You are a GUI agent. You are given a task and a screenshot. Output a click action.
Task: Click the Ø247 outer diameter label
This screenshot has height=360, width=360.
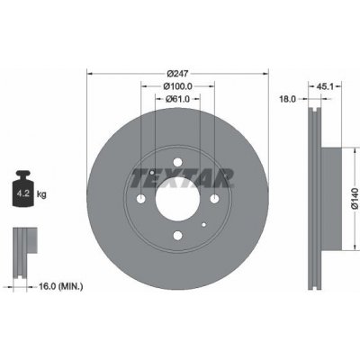177,73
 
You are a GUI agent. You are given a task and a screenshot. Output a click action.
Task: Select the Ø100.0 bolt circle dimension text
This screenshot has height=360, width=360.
177,86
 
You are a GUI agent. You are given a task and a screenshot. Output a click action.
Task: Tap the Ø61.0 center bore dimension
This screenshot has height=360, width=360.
177,98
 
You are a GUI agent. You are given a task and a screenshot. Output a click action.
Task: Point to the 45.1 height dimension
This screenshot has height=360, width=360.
325,86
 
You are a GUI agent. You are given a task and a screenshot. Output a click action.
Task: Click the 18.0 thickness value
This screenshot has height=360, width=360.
287,99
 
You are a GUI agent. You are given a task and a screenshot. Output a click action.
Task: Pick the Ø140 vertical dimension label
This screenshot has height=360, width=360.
355,198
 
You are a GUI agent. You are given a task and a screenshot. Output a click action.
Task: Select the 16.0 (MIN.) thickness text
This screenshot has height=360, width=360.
60,286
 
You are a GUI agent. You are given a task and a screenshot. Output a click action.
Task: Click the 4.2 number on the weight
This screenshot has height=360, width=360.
22,193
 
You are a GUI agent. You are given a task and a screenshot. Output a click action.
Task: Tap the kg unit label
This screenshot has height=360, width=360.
41,194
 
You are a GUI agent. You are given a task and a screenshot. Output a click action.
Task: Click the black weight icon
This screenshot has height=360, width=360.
22,188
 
